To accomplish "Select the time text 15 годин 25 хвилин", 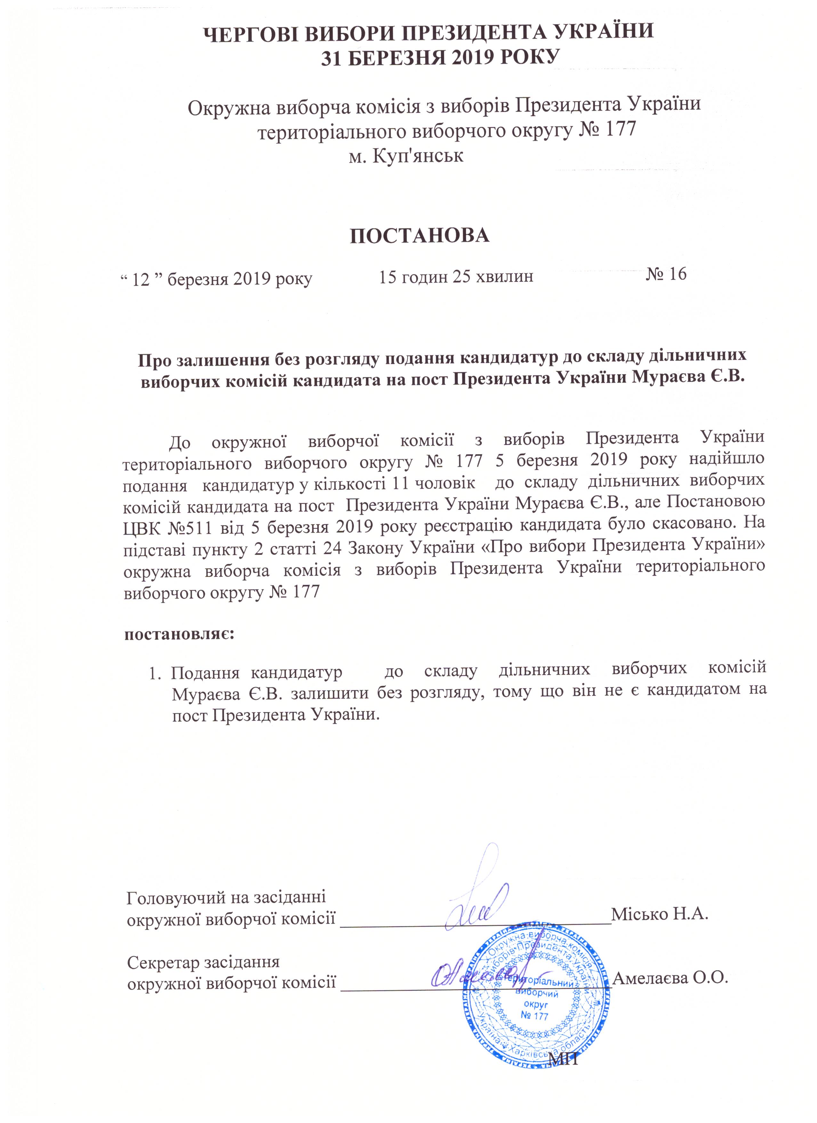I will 456,276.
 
